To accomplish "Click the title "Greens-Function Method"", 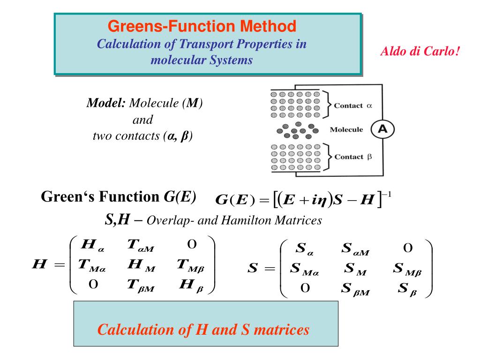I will coord(202,26).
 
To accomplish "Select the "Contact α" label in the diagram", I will coord(352,105).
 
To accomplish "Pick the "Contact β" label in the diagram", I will coord(352,157).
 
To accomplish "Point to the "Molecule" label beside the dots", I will coord(347,129).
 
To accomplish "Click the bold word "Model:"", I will coord(106,103).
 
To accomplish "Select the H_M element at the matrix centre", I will coord(141,267).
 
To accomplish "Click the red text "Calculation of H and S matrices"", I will coord(203,330).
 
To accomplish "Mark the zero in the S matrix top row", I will coord(407,247).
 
